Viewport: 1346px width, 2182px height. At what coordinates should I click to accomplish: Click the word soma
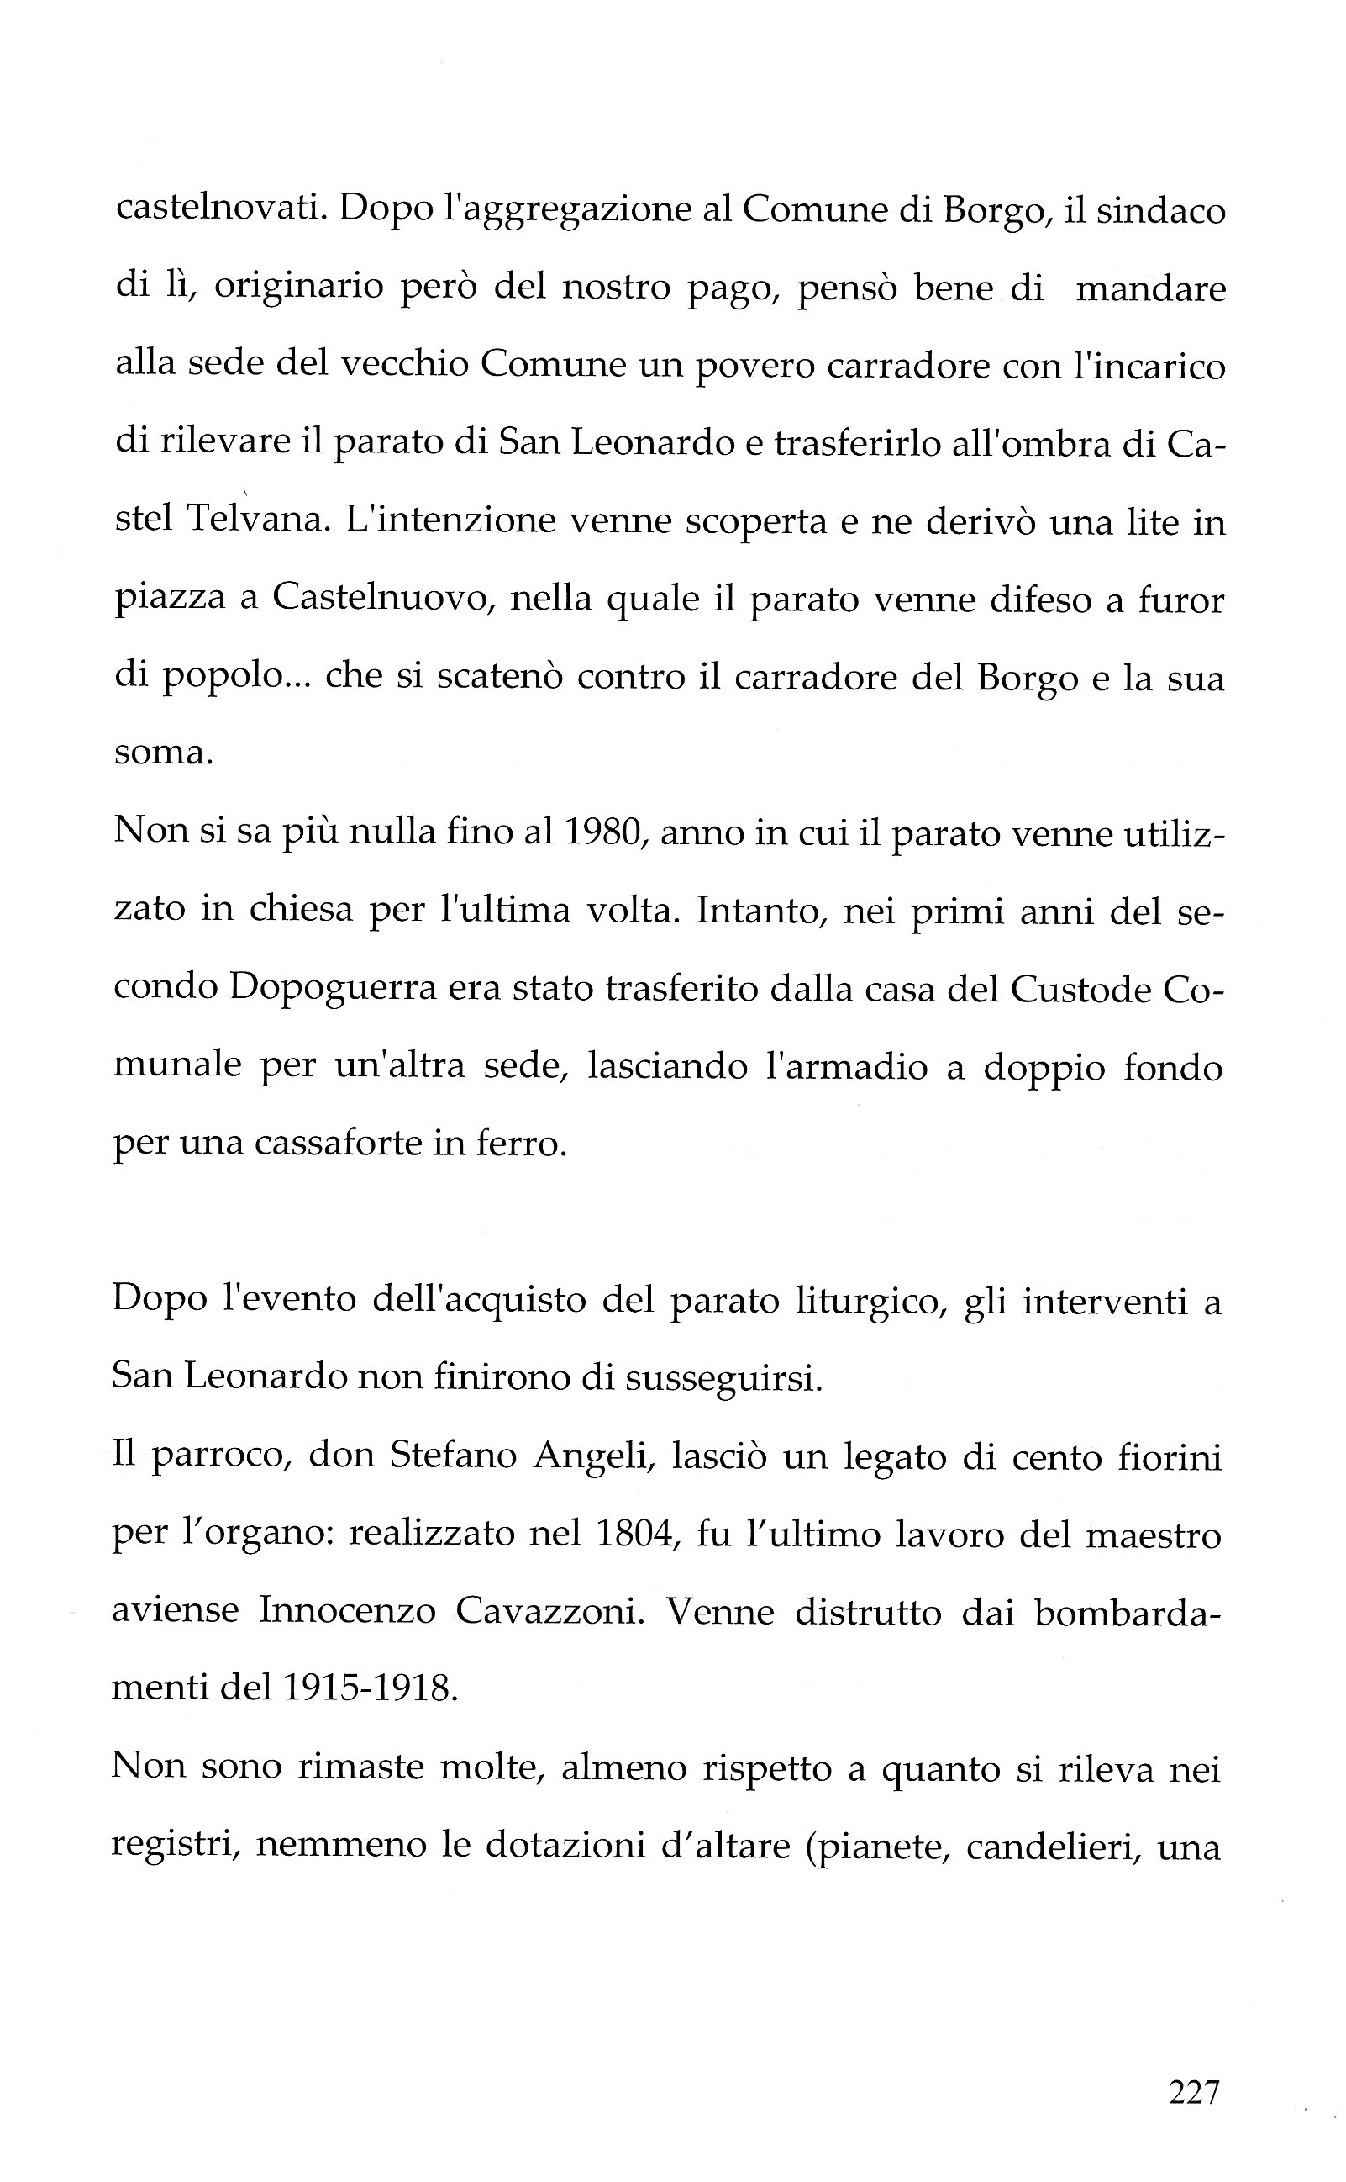163,753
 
